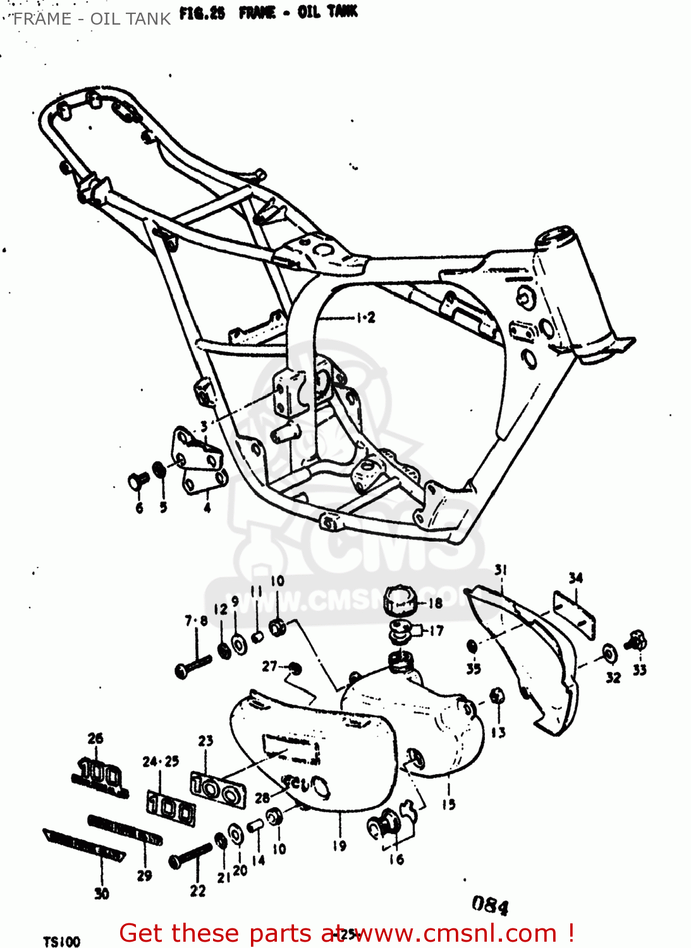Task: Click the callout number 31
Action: [x=501, y=570]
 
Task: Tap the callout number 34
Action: [x=575, y=578]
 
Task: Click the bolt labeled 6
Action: [x=137, y=481]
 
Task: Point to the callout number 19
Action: [x=339, y=845]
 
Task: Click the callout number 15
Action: [x=448, y=805]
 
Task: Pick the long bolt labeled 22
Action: [x=190, y=855]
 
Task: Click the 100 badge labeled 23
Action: [x=217, y=789]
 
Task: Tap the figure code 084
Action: [x=490, y=905]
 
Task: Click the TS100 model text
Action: [x=62, y=942]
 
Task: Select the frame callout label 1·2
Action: [x=365, y=317]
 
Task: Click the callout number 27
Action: [x=270, y=666]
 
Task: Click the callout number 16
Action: [x=396, y=859]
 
